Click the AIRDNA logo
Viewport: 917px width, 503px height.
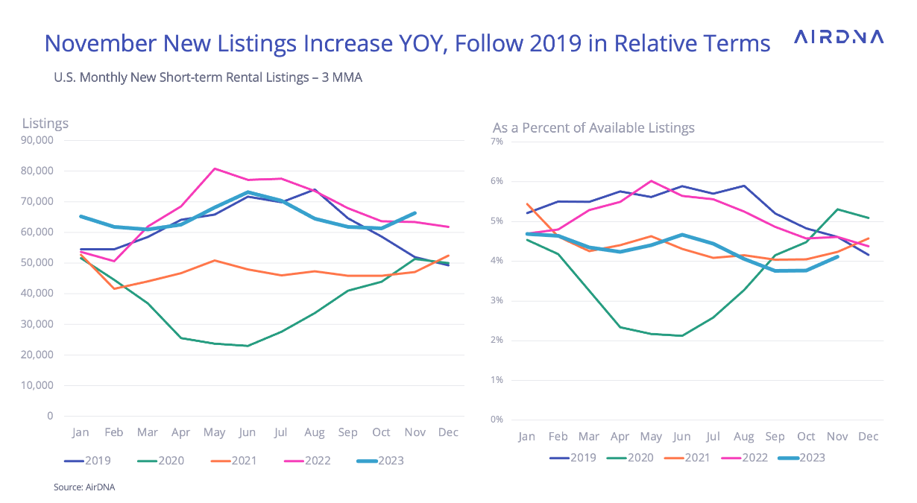click(839, 37)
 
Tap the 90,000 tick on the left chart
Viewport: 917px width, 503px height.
click(37, 139)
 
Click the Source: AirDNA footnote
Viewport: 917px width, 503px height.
click(84, 487)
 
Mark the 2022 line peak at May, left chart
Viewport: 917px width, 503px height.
click(215, 168)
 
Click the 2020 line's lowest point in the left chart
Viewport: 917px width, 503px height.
click(247, 346)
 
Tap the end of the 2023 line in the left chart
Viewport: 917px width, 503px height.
click(415, 213)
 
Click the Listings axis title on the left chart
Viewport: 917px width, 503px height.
click(45, 124)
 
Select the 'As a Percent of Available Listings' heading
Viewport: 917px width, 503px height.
click(593, 128)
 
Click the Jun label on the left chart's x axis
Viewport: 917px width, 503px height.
click(247, 432)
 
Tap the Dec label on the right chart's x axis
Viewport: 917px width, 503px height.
click(868, 437)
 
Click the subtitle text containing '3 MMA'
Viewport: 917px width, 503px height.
click(208, 77)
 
